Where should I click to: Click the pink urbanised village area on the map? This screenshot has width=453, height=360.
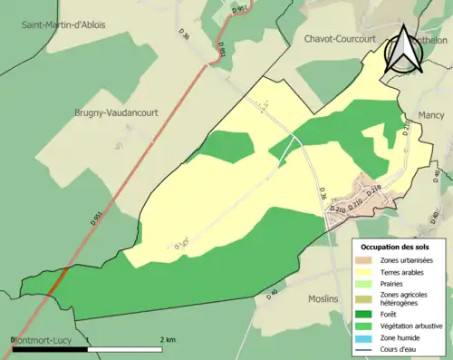[358, 192]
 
